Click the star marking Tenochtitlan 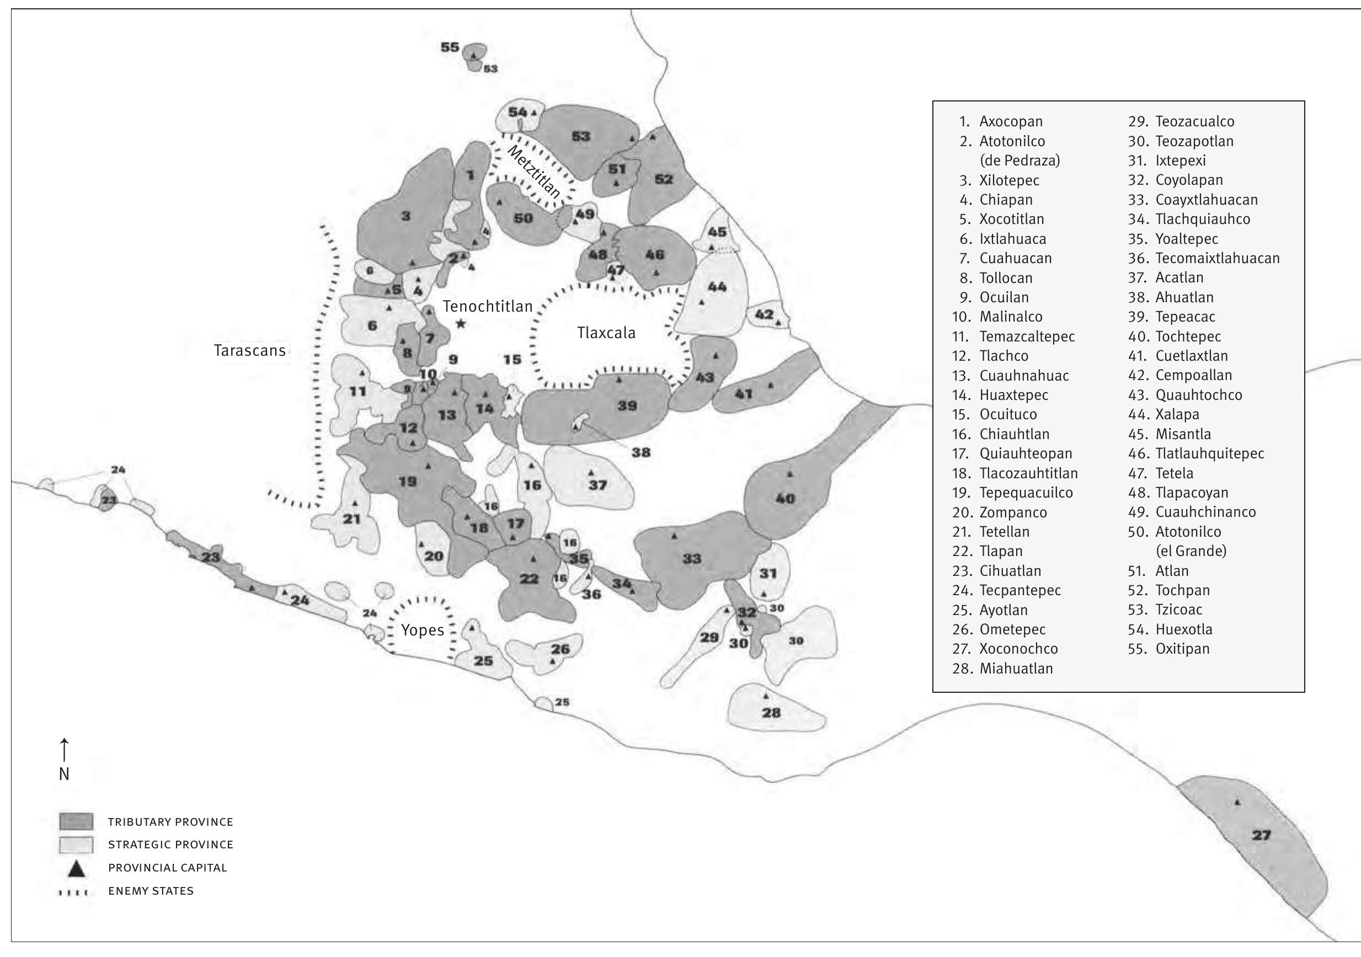point(461,324)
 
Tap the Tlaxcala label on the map point(606,333)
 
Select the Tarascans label point(249,351)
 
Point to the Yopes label point(422,630)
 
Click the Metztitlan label point(533,172)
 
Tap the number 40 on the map point(785,499)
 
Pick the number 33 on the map point(692,559)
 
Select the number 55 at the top point(450,47)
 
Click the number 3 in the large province point(405,216)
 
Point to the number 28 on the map point(771,713)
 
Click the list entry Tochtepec point(1188,336)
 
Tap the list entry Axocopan point(1010,121)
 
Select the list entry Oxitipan point(1182,649)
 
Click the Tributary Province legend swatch point(76,822)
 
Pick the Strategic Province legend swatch point(76,844)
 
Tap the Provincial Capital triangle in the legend point(77,869)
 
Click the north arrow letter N point(64,774)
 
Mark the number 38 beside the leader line point(641,453)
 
